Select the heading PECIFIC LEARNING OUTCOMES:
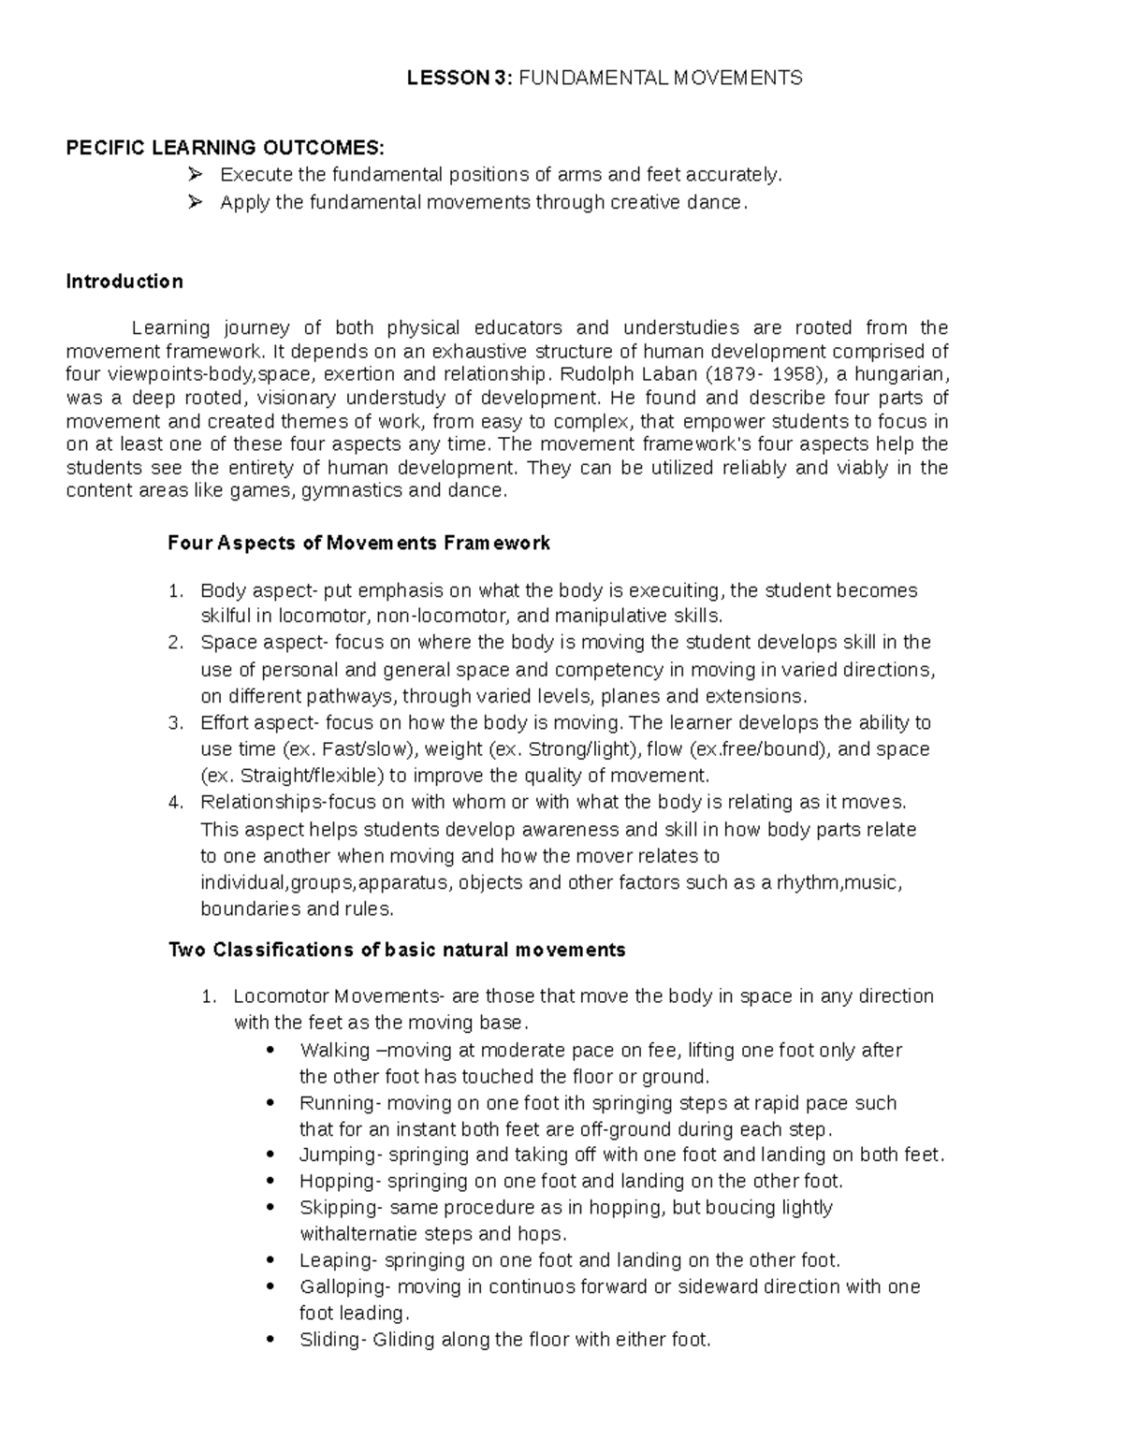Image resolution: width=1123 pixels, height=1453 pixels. click(x=225, y=148)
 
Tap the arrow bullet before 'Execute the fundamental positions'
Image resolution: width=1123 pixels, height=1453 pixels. click(x=195, y=175)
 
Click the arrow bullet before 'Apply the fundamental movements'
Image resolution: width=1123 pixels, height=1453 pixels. click(x=195, y=202)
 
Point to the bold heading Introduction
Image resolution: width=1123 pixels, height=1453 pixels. click(x=124, y=282)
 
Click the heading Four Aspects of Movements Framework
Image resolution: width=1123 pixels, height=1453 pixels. click(x=359, y=544)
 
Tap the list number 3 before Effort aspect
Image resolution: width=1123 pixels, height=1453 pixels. click(x=175, y=723)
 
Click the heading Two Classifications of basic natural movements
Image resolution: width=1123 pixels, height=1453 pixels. click(x=397, y=951)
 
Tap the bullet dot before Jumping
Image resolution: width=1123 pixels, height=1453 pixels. click(x=271, y=1155)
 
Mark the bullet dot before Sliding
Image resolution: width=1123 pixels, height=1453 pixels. click(x=271, y=1341)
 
